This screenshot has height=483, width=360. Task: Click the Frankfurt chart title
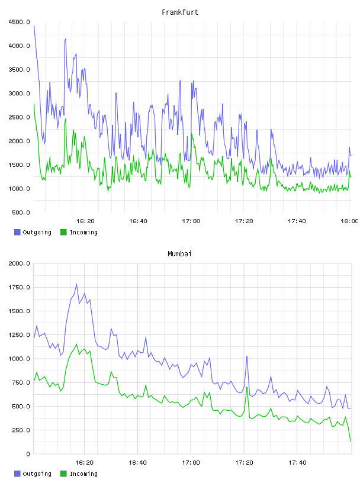pos(180,12)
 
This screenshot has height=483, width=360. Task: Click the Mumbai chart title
pos(179,254)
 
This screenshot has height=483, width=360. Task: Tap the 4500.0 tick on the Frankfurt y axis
pos(20,22)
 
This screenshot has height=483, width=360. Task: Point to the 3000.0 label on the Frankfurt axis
pos(20,94)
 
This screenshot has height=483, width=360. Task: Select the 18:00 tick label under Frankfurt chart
pos(349,221)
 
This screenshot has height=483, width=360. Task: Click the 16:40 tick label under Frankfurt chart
pos(138,221)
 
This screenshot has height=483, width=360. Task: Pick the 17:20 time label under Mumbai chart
pos(244,462)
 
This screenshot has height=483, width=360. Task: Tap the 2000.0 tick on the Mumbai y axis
pos(20,263)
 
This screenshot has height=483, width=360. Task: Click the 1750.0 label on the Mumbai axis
pos(20,288)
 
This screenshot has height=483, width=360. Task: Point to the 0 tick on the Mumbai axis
pos(28,454)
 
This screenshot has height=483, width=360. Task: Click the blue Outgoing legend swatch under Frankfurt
pos(17,232)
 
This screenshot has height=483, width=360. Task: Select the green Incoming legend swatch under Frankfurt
pos(63,232)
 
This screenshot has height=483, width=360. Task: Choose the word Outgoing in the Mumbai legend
pos(37,474)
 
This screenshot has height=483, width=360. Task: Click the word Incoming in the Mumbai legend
pos(83,474)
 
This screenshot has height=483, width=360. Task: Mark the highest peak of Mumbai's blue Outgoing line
pos(76,284)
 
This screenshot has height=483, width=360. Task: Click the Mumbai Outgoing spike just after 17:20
pos(247,357)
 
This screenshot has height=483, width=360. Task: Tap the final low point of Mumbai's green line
pos(351,442)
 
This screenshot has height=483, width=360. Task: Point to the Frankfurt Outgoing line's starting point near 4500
pos(34,26)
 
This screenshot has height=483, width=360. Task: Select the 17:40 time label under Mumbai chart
pos(297,462)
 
